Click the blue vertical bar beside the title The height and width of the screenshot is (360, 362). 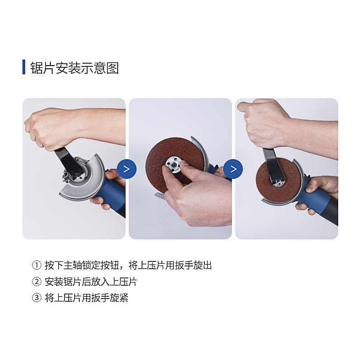(24, 67)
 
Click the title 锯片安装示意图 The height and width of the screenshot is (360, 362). (75, 68)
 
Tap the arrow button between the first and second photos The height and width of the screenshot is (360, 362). (126, 169)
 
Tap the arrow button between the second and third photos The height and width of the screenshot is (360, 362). (233, 169)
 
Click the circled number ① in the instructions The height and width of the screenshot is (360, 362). (37, 265)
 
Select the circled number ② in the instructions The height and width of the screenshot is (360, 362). (37, 282)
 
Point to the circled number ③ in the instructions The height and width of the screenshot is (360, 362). (37, 298)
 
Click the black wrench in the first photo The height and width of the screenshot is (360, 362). (69, 164)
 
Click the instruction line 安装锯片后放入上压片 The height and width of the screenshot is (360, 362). (91, 282)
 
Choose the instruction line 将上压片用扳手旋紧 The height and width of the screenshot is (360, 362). (86, 298)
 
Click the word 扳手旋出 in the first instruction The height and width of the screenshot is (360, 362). (193, 265)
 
